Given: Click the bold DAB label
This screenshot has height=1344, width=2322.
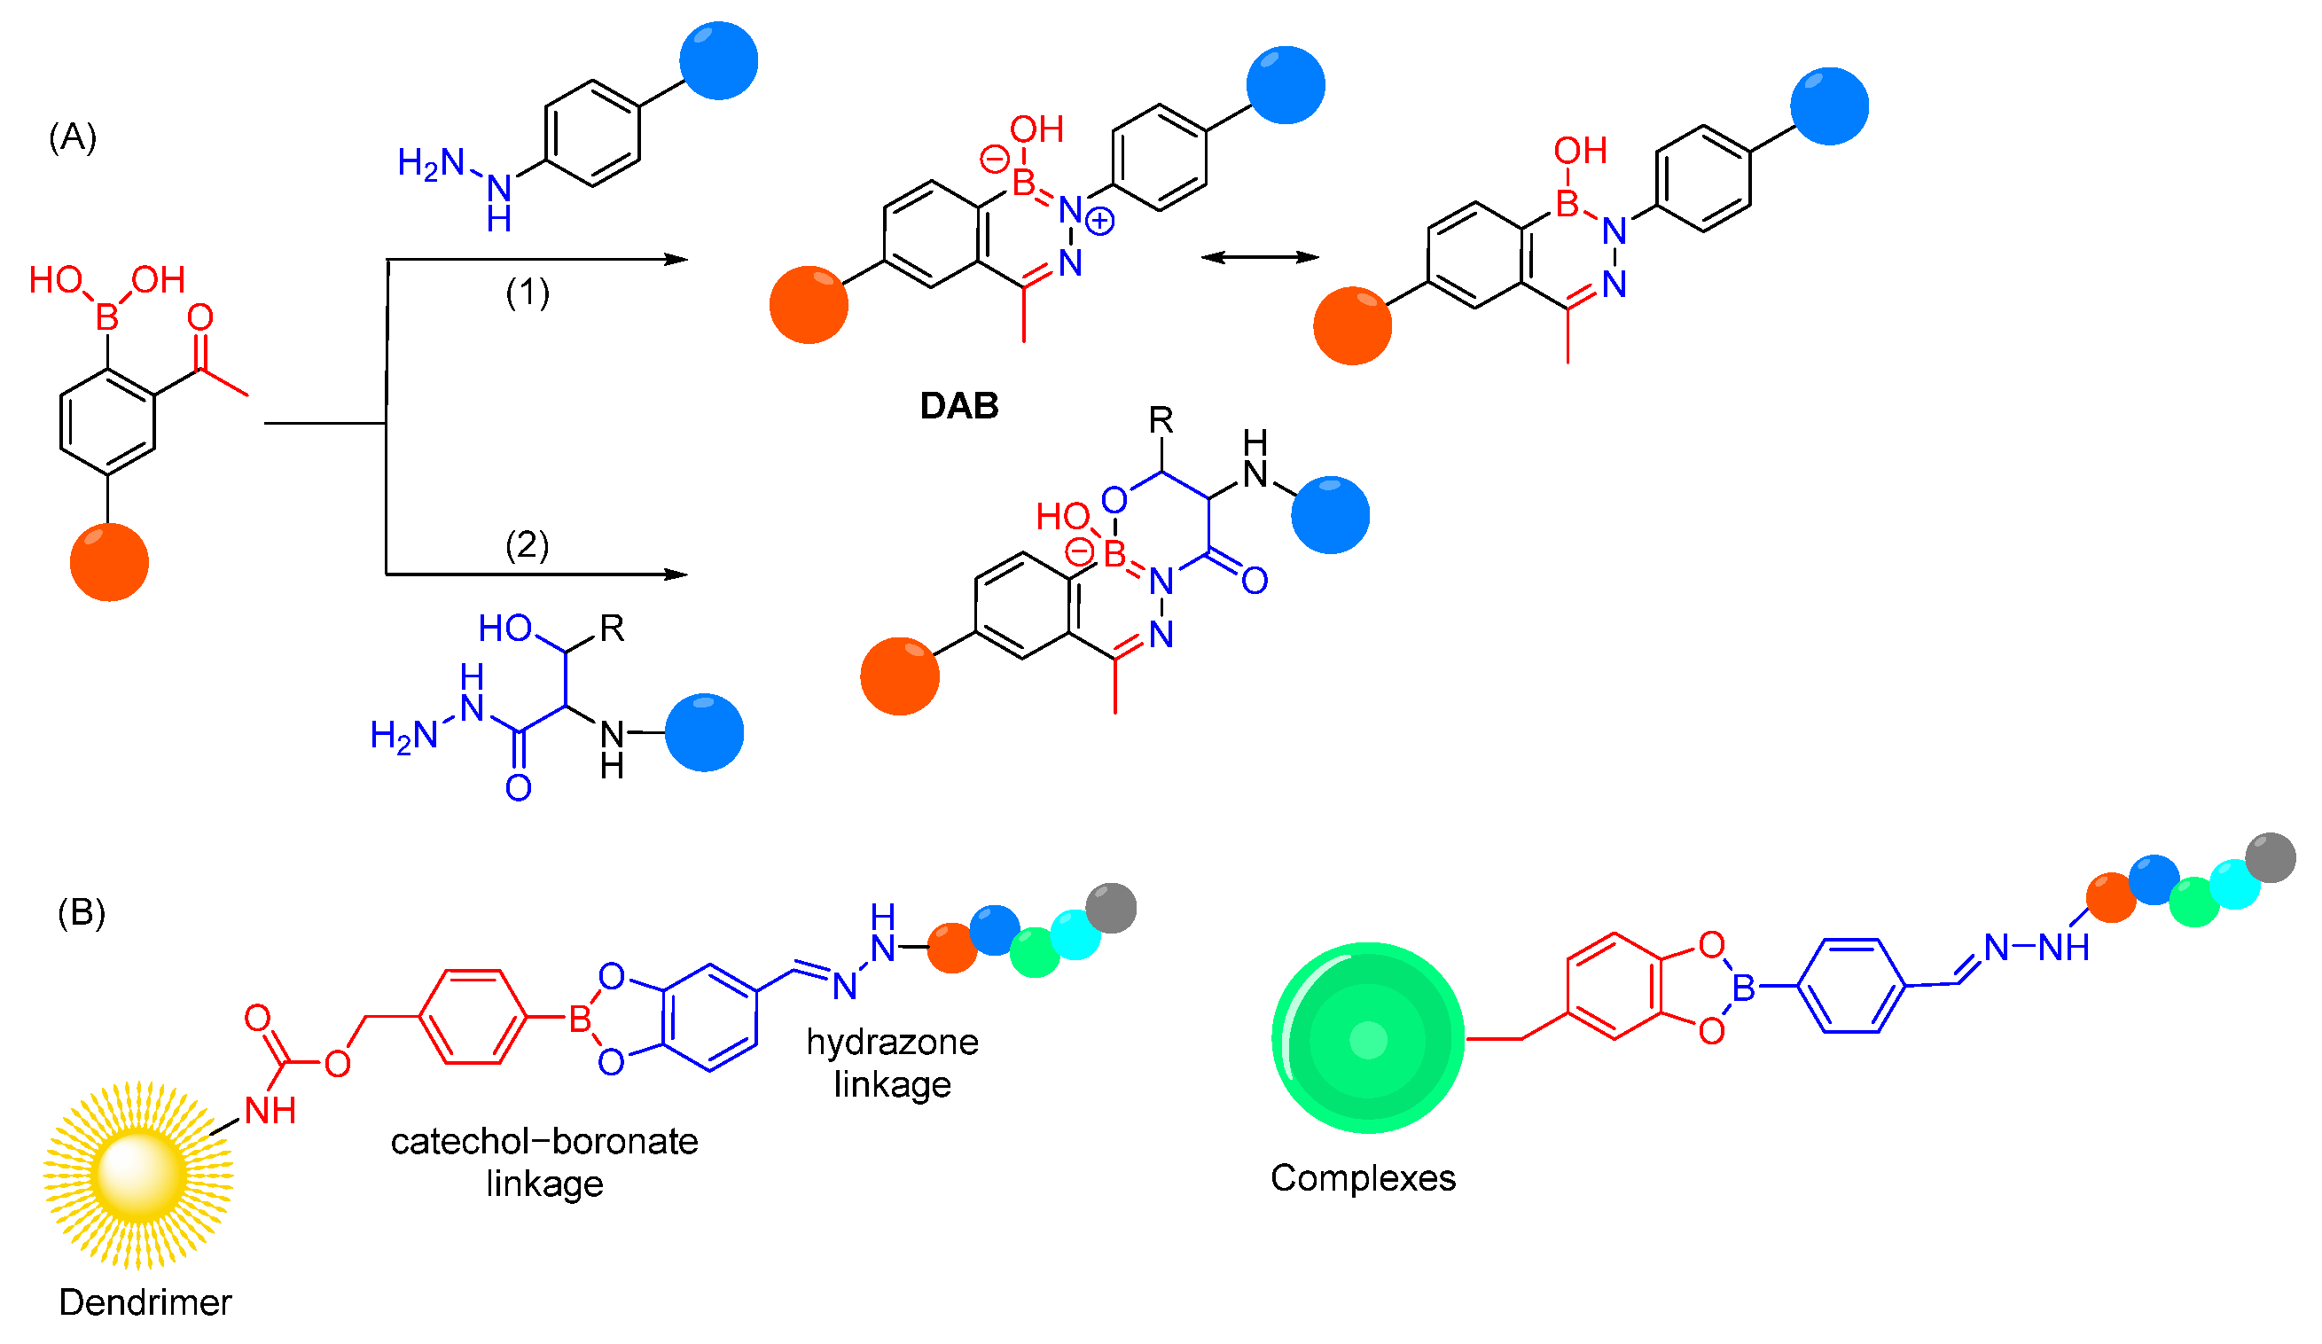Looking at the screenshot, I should [x=959, y=406].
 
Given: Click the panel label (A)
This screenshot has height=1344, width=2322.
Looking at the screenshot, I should [x=72, y=137].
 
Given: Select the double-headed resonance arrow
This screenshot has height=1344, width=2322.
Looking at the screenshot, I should [x=1260, y=258].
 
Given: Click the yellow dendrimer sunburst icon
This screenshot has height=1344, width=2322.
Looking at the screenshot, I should [x=138, y=1175].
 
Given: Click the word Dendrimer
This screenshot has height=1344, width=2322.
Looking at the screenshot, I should [x=145, y=1302].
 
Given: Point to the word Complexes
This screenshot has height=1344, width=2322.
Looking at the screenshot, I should [x=1363, y=1178].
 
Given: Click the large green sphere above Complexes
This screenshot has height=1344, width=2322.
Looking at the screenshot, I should [x=1367, y=1037].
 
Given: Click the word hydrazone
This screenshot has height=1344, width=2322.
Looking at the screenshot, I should [x=892, y=1042].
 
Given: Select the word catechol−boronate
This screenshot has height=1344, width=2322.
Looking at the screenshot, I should [x=543, y=1141].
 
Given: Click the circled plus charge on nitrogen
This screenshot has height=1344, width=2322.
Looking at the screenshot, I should [x=1099, y=221].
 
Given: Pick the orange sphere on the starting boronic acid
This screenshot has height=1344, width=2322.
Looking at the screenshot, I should [x=110, y=562].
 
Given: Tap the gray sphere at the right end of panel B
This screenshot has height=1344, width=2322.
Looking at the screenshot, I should [x=2271, y=857].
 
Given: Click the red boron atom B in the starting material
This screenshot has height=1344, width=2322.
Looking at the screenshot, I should [x=107, y=317].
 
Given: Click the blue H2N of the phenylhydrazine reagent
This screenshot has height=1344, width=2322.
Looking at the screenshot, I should [x=430, y=164].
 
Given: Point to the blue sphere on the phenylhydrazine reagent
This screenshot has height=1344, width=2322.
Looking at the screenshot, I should [x=719, y=61].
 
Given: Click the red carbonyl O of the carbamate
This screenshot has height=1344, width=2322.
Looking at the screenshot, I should [x=257, y=1018].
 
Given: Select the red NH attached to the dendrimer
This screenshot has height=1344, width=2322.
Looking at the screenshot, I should [x=270, y=1111].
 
